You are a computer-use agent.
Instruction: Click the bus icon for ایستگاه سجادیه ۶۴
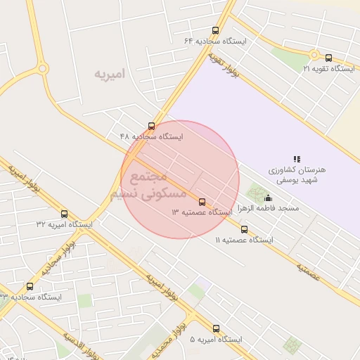215,30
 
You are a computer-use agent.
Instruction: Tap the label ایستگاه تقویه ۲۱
328,68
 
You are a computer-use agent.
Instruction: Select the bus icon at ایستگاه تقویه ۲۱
329,57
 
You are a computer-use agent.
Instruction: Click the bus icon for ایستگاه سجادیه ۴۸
152,126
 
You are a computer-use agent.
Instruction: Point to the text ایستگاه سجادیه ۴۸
150,136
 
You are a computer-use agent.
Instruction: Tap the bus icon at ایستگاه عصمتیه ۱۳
202,201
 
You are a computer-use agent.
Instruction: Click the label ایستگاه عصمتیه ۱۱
244,240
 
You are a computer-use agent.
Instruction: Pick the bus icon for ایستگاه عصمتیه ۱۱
244,229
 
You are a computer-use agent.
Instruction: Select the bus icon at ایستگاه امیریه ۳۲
65,214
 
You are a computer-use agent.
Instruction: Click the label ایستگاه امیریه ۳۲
64,224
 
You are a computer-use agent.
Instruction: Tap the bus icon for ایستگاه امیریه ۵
216,328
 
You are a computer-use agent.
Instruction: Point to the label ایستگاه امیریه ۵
215,340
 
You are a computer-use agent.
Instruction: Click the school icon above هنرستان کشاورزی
297,159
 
